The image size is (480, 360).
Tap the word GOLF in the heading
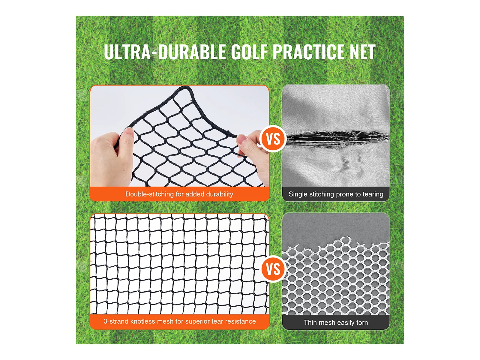coord(249,52)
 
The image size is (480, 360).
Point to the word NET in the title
coord(362,52)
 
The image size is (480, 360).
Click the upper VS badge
coord(273,139)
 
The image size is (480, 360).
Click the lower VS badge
coord(273,269)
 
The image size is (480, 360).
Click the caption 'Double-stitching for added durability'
coord(179,194)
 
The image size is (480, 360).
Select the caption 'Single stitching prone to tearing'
coord(336,194)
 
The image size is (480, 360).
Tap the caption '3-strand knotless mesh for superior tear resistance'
coord(179,321)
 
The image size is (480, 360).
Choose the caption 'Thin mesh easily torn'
coord(336,322)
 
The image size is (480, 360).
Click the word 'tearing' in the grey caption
coord(373,194)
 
